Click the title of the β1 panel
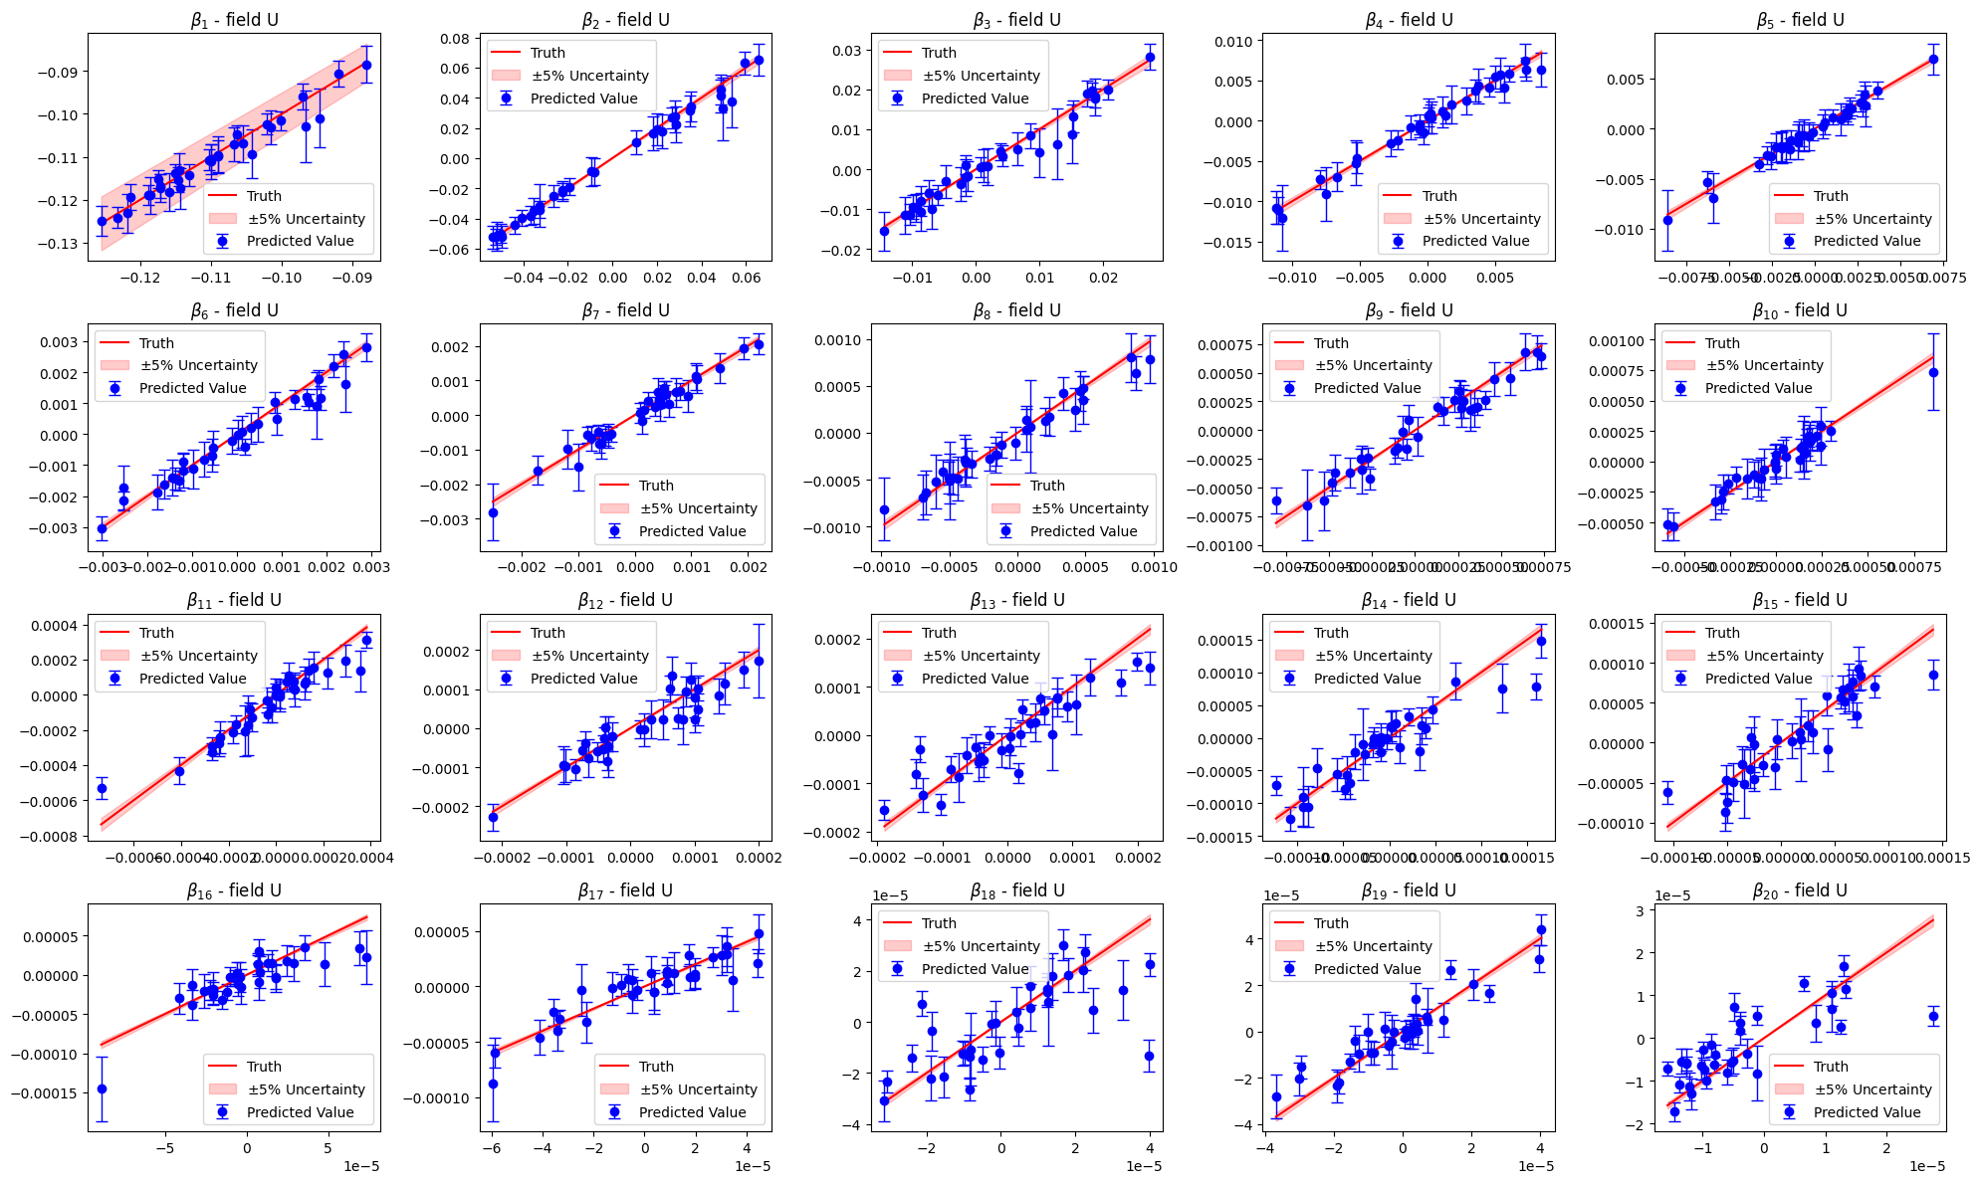coord(234,20)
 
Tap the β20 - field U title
coord(1800,890)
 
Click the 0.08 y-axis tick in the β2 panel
coord(456,39)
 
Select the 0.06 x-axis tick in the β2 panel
coord(747,279)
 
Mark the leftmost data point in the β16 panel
coord(102,1088)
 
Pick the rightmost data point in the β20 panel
coord(1933,1016)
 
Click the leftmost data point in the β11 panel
coord(102,788)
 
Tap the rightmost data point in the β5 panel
coord(1933,59)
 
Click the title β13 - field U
coord(1016,600)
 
